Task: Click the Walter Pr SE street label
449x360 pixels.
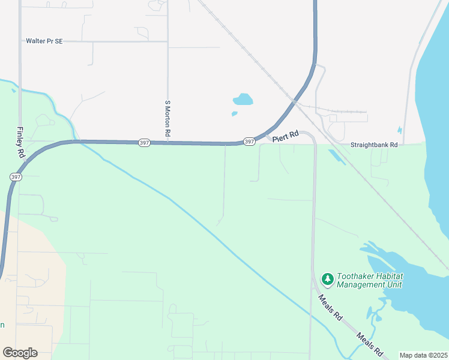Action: tap(44, 41)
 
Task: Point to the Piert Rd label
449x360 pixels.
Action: tap(285, 137)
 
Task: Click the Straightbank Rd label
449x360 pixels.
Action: tap(374, 145)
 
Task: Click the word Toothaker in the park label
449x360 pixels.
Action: tap(357, 276)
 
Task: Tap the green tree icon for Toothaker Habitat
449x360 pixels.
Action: tap(327, 279)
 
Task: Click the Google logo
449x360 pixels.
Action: tap(20, 353)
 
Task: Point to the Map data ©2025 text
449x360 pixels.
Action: tap(423, 355)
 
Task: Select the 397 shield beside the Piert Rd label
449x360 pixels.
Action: tap(250, 142)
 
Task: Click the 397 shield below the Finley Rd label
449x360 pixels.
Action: tap(16, 176)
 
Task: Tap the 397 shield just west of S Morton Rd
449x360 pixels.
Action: tap(144, 142)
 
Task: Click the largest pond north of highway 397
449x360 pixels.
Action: tap(243, 99)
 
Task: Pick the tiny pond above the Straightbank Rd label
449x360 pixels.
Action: tap(400, 130)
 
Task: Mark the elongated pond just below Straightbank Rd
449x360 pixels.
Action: tap(337, 156)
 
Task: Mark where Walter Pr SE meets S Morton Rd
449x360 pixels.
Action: tap(168, 41)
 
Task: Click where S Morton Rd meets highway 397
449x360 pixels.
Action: tap(168, 143)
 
